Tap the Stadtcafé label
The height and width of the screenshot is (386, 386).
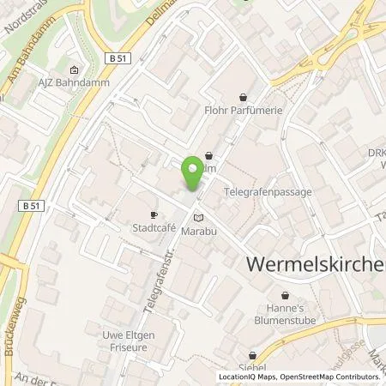click(154, 229)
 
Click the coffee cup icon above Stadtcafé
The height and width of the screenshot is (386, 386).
click(154, 215)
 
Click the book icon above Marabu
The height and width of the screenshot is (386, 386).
click(200, 219)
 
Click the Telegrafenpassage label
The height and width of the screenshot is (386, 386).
click(268, 193)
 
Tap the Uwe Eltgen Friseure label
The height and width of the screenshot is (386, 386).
click(124, 341)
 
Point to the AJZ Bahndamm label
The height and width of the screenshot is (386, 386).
click(75, 83)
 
